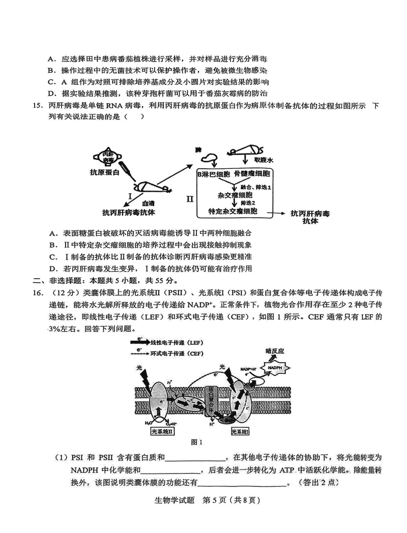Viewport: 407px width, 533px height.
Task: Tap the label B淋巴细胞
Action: point(214,174)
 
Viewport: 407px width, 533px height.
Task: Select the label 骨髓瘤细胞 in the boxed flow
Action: point(253,174)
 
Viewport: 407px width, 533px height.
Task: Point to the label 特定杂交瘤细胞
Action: point(233,211)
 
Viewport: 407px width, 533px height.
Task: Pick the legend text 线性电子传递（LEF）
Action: point(176,342)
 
